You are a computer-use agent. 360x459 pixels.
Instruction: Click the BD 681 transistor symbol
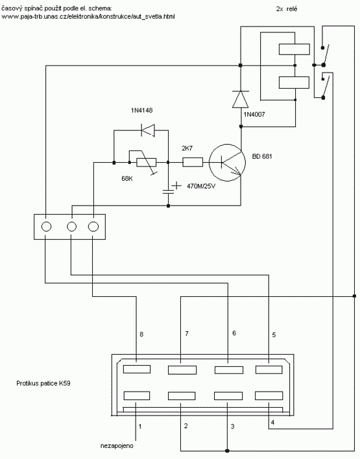(x=227, y=163)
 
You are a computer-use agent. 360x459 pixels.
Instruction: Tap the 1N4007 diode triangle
(x=240, y=99)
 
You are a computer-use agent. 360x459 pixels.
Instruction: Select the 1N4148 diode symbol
(x=148, y=130)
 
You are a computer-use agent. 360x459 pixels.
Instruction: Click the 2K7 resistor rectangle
(x=193, y=162)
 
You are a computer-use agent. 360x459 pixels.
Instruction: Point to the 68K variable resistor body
(x=146, y=162)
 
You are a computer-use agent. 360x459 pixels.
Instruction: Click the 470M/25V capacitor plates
(x=168, y=192)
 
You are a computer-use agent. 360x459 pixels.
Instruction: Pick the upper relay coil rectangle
(x=294, y=49)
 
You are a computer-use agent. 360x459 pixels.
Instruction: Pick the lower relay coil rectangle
(x=294, y=82)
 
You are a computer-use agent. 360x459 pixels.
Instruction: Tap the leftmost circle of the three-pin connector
(x=46, y=226)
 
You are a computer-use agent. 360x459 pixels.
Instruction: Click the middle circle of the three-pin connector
(x=72, y=226)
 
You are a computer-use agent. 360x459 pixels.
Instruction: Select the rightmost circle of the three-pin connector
(x=93, y=226)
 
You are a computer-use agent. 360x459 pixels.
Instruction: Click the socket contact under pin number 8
(x=137, y=369)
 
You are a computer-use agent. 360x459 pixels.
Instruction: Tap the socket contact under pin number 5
(x=269, y=370)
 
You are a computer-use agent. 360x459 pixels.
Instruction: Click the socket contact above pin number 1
(x=137, y=395)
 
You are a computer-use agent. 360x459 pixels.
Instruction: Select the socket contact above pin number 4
(x=269, y=395)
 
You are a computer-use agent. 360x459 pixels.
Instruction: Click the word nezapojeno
(x=117, y=446)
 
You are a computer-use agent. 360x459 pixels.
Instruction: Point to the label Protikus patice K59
(x=43, y=383)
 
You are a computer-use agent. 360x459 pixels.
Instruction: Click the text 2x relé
(x=287, y=9)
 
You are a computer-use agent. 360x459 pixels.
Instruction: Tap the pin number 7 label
(x=187, y=333)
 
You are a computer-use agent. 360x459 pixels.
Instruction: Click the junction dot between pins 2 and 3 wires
(x=227, y=451)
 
